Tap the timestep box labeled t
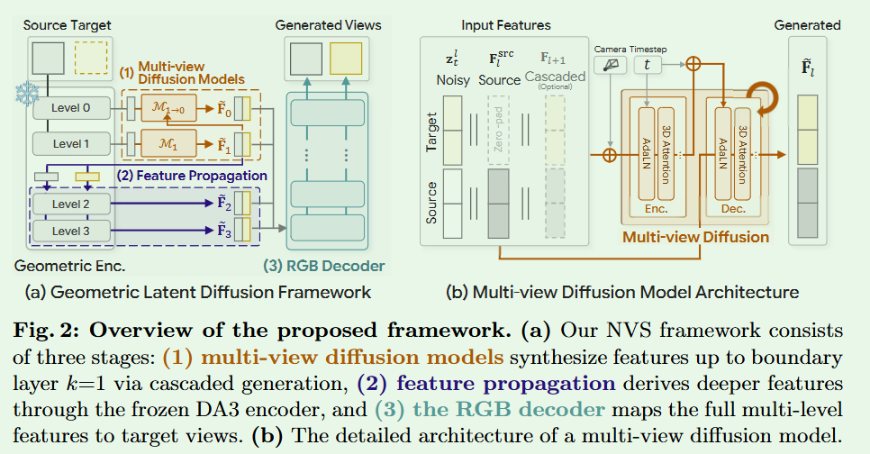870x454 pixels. pyautogui.click(x=648, y=64)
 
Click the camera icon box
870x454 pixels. pyautogui.click(x=612, y=64)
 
